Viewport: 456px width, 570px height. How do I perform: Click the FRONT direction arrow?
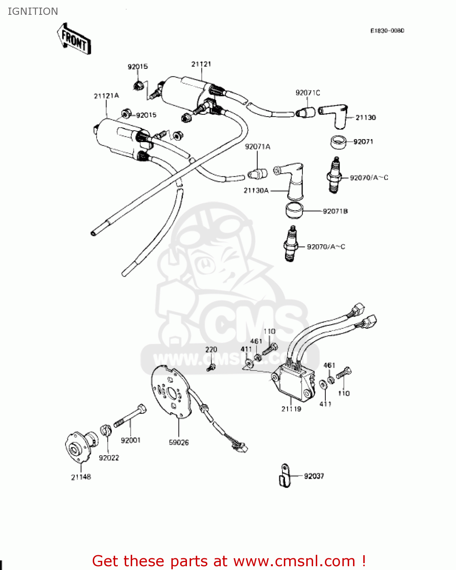pyautogui.click(x=74, y=39)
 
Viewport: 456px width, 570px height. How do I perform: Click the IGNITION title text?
pyautogui.click(x=33, y=11)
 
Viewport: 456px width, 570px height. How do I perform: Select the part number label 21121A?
pyautogui.click(x=106, y=96)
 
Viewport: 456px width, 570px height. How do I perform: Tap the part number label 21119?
pyautogui.click(x=291, y=409)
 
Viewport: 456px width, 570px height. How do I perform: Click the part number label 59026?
pyautogui.click(x=179, y=442)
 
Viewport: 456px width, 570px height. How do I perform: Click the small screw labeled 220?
pyautogui.click(x=211, y=367)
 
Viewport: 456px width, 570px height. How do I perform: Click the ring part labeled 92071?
pyautogui.click(x=338, y=142)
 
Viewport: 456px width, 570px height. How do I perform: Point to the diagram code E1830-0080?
pyautogui.click(x=387, y=30)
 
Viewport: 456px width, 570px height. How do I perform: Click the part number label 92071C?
pyautogui.click(x=308, y=93)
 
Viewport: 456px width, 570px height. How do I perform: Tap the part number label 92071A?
pyautogui.click(x=258, y=147)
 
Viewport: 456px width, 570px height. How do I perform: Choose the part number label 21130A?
pyautogui.click(x=256, y=190)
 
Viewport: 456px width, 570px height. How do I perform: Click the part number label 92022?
pyautogui.click(x=109, y=458)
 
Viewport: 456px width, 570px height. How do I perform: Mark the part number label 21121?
pyautogui.click(x=201, y=64)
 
